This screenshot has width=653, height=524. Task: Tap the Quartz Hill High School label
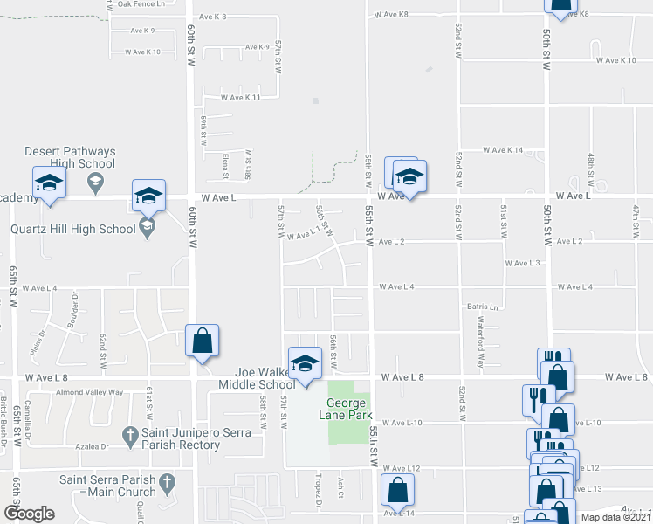pyautogui.click(x=72, y=230)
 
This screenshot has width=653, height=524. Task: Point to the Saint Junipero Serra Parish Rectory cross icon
pyautogui.click(x=129, y=434)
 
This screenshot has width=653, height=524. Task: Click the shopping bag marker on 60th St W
pyautogui.click(x=202, y=341)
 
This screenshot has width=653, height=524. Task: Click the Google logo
pyautogui.click(x=29, y=514)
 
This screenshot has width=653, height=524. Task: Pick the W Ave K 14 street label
pyautogui.click(x=502, y=150)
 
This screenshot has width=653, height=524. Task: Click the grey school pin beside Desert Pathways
pyautogui.click(x=95, y=182)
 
